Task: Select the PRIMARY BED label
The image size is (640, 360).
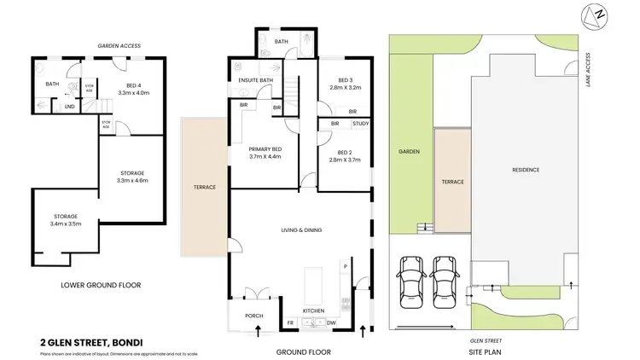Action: pos(265,150)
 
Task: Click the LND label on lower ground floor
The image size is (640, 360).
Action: pos(70,106)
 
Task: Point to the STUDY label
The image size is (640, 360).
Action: pos(361,124)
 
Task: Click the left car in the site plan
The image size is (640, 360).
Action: pos(411,281)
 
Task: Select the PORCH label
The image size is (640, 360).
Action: pos(254,316)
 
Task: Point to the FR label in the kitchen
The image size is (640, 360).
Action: pos(291,323)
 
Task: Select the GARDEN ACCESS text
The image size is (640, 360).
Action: pos(119,45)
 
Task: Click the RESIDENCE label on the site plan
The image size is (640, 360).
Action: pos(526,170)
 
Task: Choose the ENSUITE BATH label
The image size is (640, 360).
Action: pos(255,80)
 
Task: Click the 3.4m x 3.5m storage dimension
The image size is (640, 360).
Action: pos(66,224)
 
